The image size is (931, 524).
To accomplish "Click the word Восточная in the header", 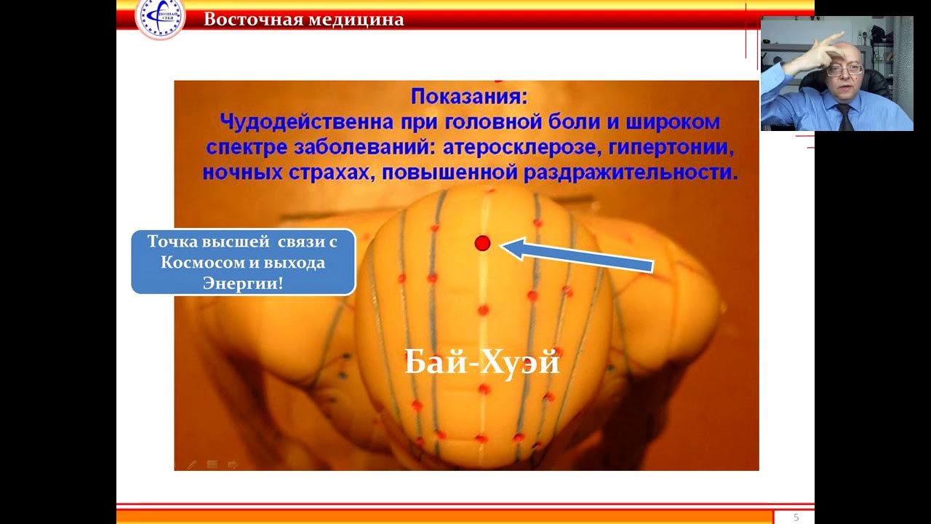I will coord(252,20).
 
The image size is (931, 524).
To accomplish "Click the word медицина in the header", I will coord(356,20).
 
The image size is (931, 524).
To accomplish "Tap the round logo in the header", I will coord(159,17).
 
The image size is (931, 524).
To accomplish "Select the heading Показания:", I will coord(466,96).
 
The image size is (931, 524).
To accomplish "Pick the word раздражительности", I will coord(631,173).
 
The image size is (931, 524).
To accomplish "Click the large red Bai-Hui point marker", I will coord(482,243).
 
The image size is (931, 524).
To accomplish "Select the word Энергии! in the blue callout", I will coord(243,282).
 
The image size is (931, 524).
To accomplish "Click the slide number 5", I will coord(796,517).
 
